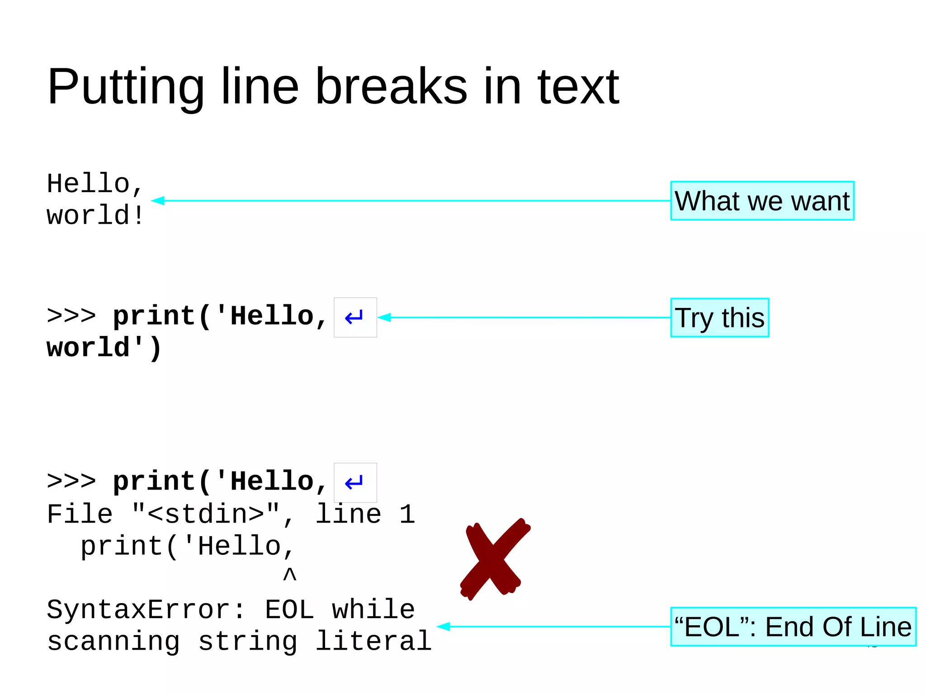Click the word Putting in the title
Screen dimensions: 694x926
pyautogui.click(x=126, y=87)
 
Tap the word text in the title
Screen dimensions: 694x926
pyautogui.click(x=578, y=87)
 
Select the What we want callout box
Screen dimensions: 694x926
pyautogui.click(x=762, y=201)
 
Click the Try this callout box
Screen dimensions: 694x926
pyautogui.click(x=719, y=317)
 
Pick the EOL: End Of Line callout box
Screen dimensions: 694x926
pyautogui.click(x=793, y=627)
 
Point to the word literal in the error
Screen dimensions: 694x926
pyautogui.click(x=373, y=641)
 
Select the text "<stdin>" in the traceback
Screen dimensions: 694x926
pyautogui.click(x=206, y=515)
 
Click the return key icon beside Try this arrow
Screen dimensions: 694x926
pyautogui.click(x=355, y=317)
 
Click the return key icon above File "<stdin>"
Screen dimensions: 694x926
pyautogui.click(x=355, y=483)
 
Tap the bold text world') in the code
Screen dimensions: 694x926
pyautogui.click(x=104, y=348)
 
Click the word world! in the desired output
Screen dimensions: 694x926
pyautogui.click(x=95, y=215)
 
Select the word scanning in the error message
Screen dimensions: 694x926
pyautogui.click(x=113, y=641)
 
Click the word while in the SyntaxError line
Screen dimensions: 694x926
pyautogui.click(x=373, y=609)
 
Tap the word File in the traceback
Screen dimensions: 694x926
pyautogui.click(x=80, y=515)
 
